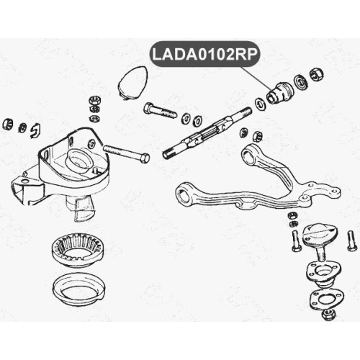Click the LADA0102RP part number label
pos(204,54)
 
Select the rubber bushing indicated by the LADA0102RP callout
pos(279,92)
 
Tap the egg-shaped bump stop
pos(132,82)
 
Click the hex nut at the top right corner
pos(317,75)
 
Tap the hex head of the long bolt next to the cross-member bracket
pos(144,158)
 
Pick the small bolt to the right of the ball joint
pos(352,240)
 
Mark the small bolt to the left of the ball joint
pos(296,240)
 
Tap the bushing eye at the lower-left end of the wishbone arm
pos(185,194)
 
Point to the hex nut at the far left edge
pos(7,124)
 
